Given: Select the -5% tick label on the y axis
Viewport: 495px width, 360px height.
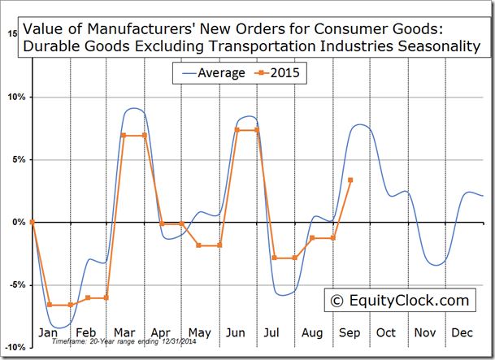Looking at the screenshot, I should point(16,285).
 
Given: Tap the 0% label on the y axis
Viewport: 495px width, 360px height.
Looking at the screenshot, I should point(18,222).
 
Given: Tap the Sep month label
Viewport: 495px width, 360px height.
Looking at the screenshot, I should point(350,332).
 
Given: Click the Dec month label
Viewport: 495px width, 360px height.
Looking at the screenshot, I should point(462,332).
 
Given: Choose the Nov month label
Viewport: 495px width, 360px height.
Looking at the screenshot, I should point(425,332).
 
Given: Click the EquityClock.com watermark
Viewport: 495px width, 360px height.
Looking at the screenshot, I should point(399,301).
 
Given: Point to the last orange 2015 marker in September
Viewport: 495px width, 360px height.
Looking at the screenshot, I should point(350,180).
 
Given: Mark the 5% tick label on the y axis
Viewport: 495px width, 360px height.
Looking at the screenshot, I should point(18,159).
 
